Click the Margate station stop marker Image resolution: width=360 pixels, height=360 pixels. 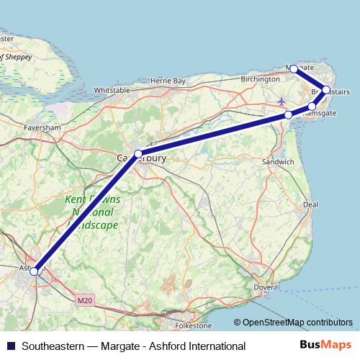click(294, 68)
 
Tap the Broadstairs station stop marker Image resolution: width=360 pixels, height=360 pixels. click(326, 91)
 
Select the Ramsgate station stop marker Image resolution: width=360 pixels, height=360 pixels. click(312, 107)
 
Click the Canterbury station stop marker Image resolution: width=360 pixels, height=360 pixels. click(138, 154)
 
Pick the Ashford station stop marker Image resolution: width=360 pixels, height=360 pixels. click(34, 271)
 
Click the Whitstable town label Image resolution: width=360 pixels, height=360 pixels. click(112, 90)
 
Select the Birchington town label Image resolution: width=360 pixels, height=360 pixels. click(261, 79)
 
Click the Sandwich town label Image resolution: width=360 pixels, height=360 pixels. click(278, 163)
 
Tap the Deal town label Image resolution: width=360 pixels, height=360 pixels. click(310, 204)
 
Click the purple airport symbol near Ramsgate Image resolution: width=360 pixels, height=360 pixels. click(280, 100)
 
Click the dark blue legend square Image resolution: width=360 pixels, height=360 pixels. click(10, 346)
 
